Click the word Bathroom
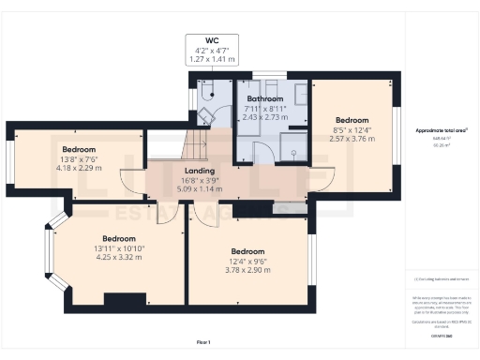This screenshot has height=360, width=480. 265,98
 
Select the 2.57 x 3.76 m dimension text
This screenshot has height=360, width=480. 353,139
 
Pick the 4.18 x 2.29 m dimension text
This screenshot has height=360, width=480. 78,168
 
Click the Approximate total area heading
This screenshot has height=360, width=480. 442,131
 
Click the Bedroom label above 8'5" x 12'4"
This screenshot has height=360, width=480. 353,120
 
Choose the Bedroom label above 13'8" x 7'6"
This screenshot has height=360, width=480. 79,150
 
